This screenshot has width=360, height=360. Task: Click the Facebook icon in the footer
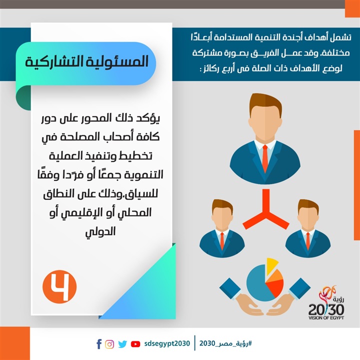[99, 344]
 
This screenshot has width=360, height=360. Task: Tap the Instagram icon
[109, 344]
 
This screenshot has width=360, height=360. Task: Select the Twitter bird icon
[122, 344]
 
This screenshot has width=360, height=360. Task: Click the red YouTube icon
[135, 344]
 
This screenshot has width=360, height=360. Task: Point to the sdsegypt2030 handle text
[167, 343]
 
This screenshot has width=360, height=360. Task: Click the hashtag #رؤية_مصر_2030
[225, 343]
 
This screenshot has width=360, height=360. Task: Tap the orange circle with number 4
[59, 287]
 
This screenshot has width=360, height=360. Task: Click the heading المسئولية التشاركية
[87, 61]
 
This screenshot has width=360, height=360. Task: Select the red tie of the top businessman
[265, 158]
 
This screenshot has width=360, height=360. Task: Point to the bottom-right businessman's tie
[308, 241]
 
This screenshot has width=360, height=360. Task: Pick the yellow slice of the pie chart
[271, 266]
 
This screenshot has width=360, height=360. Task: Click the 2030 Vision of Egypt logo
[326, 303]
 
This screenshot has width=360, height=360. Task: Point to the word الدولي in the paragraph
[100, 232]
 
